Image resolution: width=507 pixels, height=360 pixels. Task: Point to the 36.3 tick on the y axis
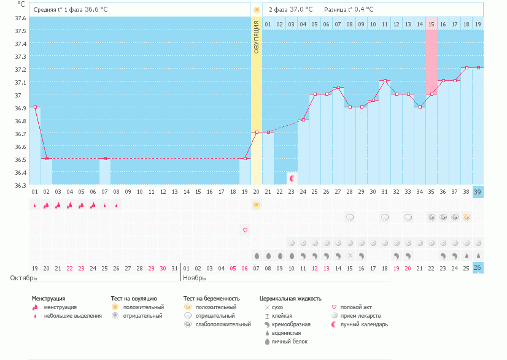tap(20, 185)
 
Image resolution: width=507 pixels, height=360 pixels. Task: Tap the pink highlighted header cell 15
tap(431, 24)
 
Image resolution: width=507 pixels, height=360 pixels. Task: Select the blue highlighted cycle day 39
tap(478, 192)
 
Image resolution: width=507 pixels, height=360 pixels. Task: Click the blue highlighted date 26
tap(478, 268)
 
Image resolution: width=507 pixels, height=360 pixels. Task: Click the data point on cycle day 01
tap(35, 107)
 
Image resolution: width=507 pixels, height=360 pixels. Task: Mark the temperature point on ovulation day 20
tap(257, 132)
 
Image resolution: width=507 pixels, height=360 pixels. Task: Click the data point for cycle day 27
tap(338, 88)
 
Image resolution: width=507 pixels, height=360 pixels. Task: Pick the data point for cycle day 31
tap(385, 81)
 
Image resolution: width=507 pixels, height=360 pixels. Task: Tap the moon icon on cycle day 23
tap(292, 178)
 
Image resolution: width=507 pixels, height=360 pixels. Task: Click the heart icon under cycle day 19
tap(245, 230)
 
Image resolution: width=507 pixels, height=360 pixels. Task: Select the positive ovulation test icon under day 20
tap(257, 204)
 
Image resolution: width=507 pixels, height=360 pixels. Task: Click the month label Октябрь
tap(23, 278)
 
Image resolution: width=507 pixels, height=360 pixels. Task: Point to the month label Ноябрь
tap(195, 278)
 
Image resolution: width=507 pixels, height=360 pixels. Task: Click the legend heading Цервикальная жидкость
tap(290, 299)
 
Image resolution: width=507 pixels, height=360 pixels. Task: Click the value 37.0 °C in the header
tap(301, 10)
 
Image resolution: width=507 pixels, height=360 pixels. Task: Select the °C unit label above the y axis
tap(21, 4)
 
